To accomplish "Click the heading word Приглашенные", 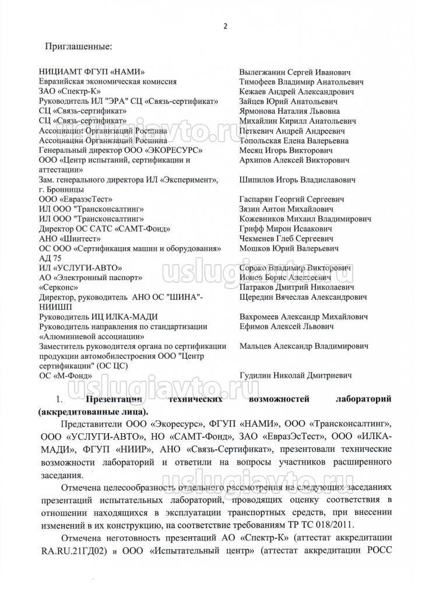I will point(82,44).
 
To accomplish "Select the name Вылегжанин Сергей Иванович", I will point(296,72).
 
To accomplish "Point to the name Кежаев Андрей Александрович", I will point(297,92).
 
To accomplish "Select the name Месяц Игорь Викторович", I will point(286,150).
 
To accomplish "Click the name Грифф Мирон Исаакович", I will point(282,229).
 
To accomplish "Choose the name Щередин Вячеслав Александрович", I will point(303,297).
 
